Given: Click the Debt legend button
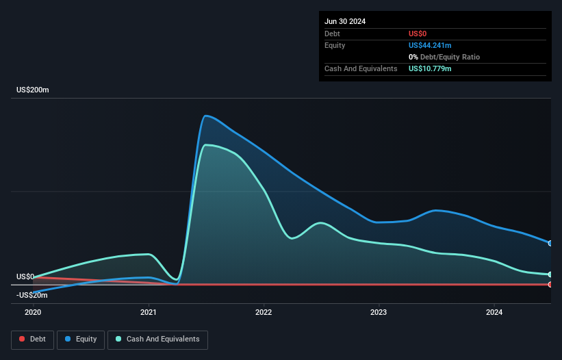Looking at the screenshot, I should pyautogui.click(x=31, y=339).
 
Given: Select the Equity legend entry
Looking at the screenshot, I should pyautogui.click(x=81, y=339).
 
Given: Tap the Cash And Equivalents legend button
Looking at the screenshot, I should pyautogui.click(x=157, y=339).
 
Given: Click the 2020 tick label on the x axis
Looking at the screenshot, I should pyautogui.click(x=33, y=313).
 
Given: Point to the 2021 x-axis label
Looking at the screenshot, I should pyautogui.click(x=149, y=313).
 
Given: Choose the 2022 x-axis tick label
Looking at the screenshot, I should pyautogui.click(x=264, y=313).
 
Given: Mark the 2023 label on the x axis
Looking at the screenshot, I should pyautogui.click(x=379, y=313).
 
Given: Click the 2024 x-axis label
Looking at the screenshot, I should pyautogui.click(x=494, y=313).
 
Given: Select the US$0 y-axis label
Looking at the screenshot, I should pyautogui.click(x=25, y=277).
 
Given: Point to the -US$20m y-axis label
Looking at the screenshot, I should pyautogui.click(x=33, y=295).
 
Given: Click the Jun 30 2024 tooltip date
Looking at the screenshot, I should pyautogui.click(x=345, y=21).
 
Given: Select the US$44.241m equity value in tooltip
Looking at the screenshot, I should pyautogui.click(x=430, y=45).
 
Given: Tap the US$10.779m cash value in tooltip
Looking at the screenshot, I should pyautogui.click(x=430, y=68).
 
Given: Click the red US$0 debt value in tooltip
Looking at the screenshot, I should pyautogui.click(x=418, y=34).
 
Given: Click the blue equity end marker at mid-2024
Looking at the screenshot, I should pyautogui.click(x=550, y=243).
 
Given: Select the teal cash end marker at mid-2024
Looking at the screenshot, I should pyautogui.click(x=550, y=274).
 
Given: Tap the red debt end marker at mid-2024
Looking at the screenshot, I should pyautogui.click(x=550, y=284).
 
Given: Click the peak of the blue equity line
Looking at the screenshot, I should pyautogui.click(x=207, y=115).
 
